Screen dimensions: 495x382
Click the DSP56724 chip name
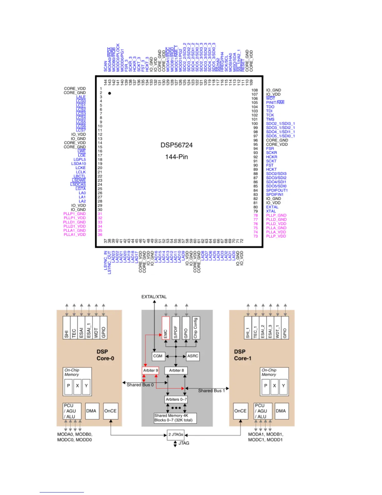point(176,145)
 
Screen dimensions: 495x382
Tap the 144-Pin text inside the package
point(176,157)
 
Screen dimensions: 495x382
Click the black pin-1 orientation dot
point(110,93)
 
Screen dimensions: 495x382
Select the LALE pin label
point(81,97)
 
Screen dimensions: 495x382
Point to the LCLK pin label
point(81,172)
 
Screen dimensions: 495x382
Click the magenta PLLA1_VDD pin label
point(75,235)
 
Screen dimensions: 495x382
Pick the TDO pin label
point(270,107)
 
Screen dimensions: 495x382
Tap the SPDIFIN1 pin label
point(275,194)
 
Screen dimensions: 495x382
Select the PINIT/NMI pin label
point(275,102)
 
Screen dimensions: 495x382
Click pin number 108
point(255,90)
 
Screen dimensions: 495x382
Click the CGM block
point(158,356)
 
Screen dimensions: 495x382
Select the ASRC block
point(193,356)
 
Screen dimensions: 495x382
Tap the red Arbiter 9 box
point(150,370)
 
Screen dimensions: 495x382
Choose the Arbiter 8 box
point(176,370)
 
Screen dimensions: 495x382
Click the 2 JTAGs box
point(176,434)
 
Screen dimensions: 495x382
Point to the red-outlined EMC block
point(166,328)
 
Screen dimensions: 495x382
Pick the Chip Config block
point(196,328)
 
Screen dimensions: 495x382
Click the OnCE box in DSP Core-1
point(240,411)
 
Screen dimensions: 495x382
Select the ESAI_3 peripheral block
point(270,328)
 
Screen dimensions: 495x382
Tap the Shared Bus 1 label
point(211,391)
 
